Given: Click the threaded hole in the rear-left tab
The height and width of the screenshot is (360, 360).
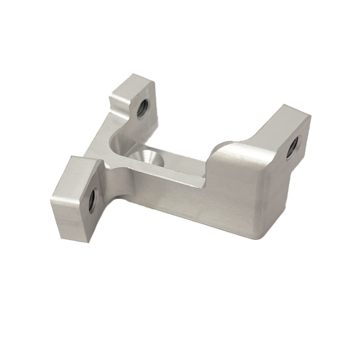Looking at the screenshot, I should [142, 109].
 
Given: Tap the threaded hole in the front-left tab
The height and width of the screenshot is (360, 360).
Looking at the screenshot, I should [92, 201].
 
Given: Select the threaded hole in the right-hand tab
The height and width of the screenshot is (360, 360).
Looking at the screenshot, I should [292, 147].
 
